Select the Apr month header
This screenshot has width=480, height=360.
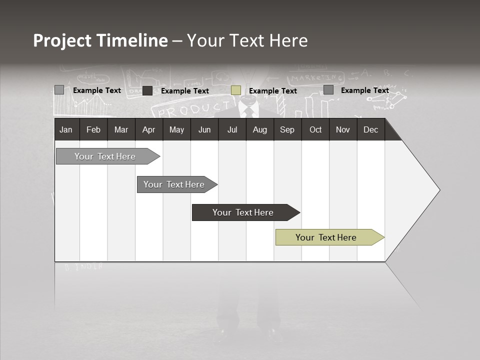(148, 129)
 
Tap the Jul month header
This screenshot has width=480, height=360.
(232, 129)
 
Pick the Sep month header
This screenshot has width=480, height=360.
(287, 129)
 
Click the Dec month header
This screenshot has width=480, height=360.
(370, 129)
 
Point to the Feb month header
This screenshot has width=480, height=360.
(93, 129)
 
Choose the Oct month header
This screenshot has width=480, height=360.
(315, 129)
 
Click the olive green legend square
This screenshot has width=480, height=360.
(236, 90)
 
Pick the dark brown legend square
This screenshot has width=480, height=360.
(147, 90)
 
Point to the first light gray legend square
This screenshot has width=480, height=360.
(59, 90)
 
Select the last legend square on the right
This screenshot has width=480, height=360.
(328, 90)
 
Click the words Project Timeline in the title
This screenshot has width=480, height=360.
(100, 40)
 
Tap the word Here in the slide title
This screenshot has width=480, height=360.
(288, 40)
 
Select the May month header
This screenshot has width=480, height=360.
(176, 129)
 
